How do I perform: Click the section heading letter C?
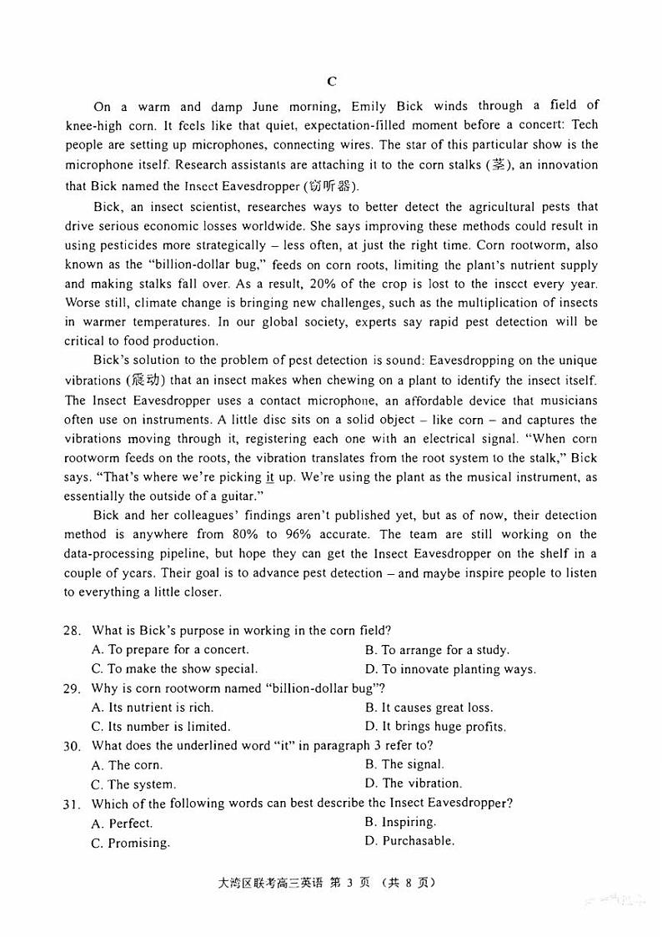[331, 81]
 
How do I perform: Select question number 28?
[73, 631]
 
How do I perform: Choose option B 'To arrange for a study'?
[437, 650]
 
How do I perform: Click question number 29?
[73, 688]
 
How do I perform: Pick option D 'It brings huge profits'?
[435, 727]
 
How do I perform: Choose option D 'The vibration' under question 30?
[414, 783]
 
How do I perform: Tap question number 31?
[73, 804]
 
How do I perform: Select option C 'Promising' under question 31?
[131, 843]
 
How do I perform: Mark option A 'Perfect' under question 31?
[123, 824]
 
